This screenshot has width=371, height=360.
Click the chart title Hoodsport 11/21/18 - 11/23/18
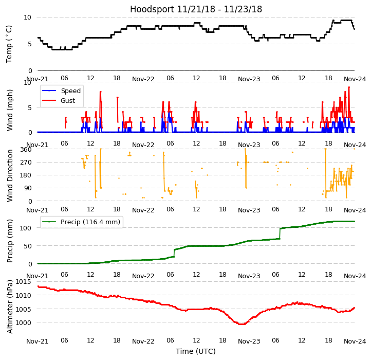coord(196,9)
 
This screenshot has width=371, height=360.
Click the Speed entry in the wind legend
coord(70,91)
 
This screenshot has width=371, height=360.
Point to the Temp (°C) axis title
coord(9,44)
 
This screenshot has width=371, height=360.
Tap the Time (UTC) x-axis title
coord(196,351)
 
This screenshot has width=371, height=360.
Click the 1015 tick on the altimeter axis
coord(23,281)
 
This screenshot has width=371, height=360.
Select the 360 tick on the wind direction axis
coord(26,149)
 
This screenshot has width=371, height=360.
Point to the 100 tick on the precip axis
coord(26,227)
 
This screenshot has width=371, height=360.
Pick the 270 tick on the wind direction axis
coord(26,162)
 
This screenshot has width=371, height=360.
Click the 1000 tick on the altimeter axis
coord(23,323)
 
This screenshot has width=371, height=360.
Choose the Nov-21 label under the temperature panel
coord(38,79)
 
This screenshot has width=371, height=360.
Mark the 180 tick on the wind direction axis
coord(26,175)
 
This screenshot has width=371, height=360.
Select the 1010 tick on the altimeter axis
coord(23,295)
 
